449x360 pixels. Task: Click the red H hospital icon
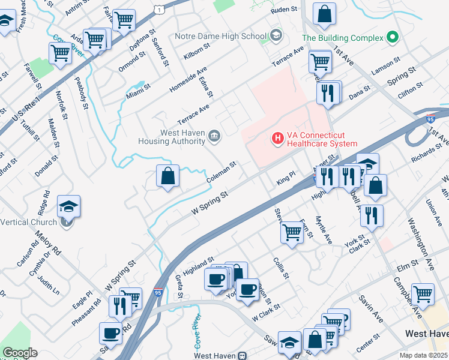[277, 139]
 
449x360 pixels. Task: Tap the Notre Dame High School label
[220, 36]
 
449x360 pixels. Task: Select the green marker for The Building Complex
[393, 37]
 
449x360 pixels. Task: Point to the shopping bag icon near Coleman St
[168, 176]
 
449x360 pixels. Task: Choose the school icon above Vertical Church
[69, 206]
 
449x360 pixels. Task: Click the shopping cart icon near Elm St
[423, 294]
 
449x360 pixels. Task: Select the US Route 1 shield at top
[158, 9]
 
